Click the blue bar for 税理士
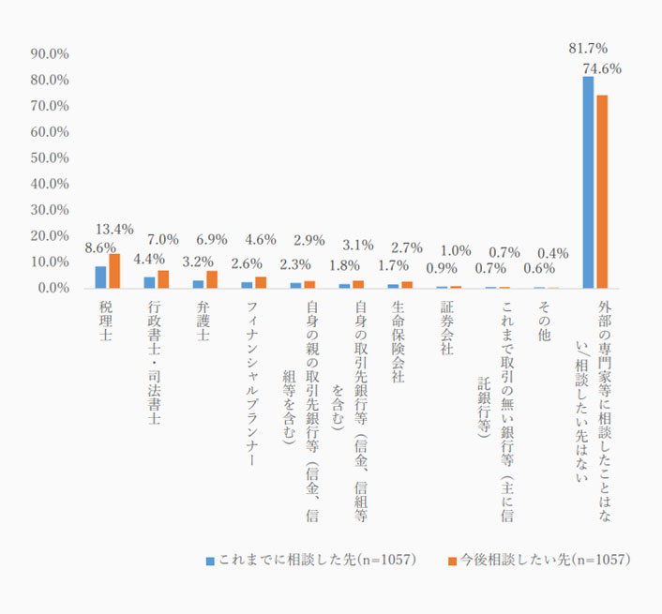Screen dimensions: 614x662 100,277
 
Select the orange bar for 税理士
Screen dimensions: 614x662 114,271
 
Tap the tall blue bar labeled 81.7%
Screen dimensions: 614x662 588,182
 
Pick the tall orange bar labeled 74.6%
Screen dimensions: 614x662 602,191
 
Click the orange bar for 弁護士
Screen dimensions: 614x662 212,279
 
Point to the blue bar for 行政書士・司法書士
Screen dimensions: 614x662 149,282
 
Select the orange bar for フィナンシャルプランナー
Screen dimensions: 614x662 261,282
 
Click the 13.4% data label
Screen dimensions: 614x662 115,229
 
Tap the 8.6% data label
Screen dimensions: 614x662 99,248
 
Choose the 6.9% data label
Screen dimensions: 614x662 211,241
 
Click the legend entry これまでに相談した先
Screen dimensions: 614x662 309,560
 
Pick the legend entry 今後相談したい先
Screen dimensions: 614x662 538,560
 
